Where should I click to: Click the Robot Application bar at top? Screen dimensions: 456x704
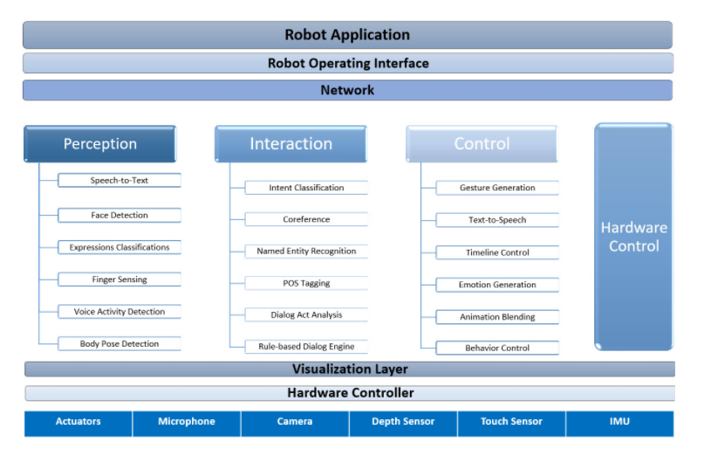(347, 35)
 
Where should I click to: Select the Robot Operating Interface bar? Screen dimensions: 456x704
(347, 63)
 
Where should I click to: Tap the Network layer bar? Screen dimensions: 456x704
(347, 90)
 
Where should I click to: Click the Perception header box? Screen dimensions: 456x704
(99, 144)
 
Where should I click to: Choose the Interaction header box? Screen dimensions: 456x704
(290, 144)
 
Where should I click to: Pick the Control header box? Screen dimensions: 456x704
(482, 144)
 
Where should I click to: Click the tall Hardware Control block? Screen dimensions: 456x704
(633, 237)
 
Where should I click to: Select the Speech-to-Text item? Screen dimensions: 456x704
(120, 181)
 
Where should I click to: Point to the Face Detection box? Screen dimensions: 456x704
(120, 215)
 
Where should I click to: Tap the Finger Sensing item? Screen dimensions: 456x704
(120, 280)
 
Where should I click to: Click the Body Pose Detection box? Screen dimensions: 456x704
(120, 343)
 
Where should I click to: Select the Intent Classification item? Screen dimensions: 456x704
(306, 188)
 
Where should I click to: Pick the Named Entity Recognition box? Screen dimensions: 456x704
(306, 251)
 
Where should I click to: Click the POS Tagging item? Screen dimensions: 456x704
(306, 283)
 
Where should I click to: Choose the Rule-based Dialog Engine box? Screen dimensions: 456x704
(306, 346)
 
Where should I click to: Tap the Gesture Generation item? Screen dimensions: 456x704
(497, 188)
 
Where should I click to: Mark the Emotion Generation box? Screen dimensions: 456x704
(497, 285)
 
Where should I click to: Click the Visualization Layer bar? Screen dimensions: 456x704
(349, 369)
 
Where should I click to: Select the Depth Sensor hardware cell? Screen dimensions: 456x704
(403, 422)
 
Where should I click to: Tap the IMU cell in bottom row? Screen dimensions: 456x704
(619, 422)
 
